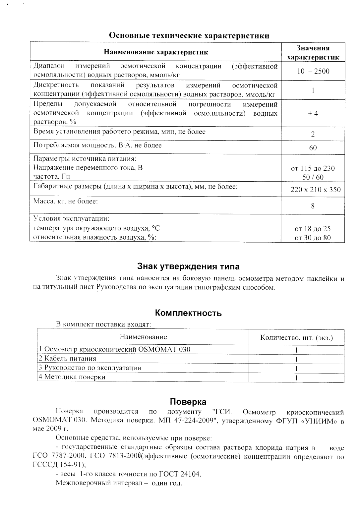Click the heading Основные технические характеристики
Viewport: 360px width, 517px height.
coord(189,35)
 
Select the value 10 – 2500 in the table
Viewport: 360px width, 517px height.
coord(313,71)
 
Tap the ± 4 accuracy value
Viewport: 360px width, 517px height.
coord(313,114)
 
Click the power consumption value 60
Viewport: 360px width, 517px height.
coord(313,148)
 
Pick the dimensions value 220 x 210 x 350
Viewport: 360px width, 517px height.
coord(316,190)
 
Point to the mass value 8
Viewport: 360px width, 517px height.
coord(313,206)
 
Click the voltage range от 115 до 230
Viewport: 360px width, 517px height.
coord(313,168)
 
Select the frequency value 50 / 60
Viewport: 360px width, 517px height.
coord(313,177)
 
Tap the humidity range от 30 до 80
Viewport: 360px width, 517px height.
coord(313,238)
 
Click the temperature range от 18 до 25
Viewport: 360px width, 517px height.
coord(313,229)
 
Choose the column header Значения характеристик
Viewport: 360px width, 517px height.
coord(313,53)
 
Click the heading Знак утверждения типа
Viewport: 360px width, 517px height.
coord(188,266)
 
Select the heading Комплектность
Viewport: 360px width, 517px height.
coord(188,313)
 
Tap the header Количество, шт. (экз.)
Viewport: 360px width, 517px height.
coord(296,338)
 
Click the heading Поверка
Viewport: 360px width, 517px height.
coord(188,402)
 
